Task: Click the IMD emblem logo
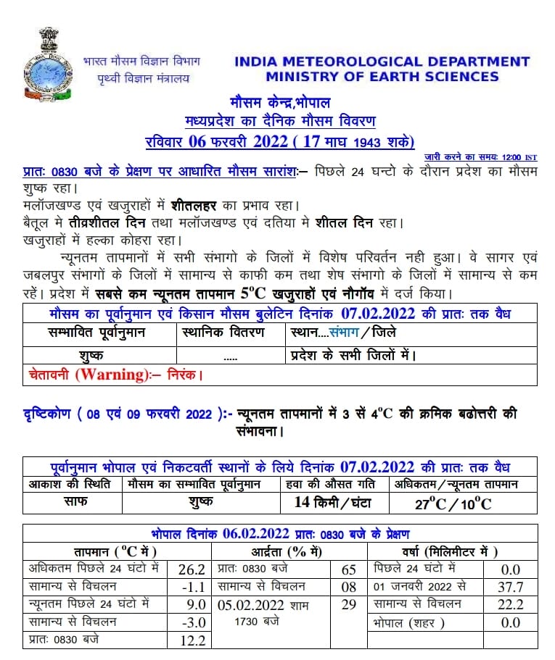pyautogui.click(x=45, y=64)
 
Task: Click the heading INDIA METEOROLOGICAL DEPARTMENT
pyautogui.click(x=382, y=62)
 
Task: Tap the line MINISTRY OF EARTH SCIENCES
pyautogui.click(x=382, y=77)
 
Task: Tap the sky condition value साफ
pyautogui.click(x=71, y=501)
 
